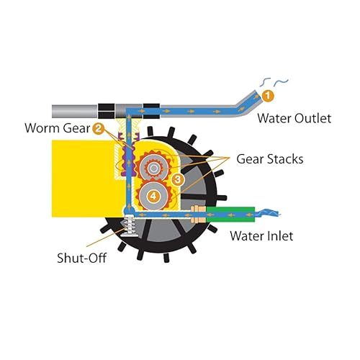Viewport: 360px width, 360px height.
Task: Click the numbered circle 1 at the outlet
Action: coord(268,96)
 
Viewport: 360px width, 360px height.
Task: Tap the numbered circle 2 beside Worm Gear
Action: coord(98,129)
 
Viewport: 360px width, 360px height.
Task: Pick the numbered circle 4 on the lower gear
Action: coord(153,197)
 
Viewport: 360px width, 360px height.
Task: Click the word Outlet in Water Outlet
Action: coord(312,118)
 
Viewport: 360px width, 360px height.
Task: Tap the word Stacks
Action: coord(285,159)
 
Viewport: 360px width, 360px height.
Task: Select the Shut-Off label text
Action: coord(82,258)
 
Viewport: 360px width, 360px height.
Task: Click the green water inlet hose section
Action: coord(230,215)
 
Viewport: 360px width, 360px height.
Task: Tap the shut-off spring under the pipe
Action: coord(130,225)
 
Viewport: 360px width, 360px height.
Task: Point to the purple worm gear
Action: coord(128,157)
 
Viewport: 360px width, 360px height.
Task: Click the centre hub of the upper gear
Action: coord(153,168)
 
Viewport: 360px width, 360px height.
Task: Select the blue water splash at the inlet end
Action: coord(268,213)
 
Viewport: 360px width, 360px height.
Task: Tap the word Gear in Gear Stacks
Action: coord(251,159)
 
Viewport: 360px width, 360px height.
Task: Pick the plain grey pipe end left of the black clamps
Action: coord(75,111)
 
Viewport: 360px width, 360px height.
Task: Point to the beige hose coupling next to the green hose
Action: coord(198,214)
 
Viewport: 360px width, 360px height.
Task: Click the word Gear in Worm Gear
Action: coord(76,128)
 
